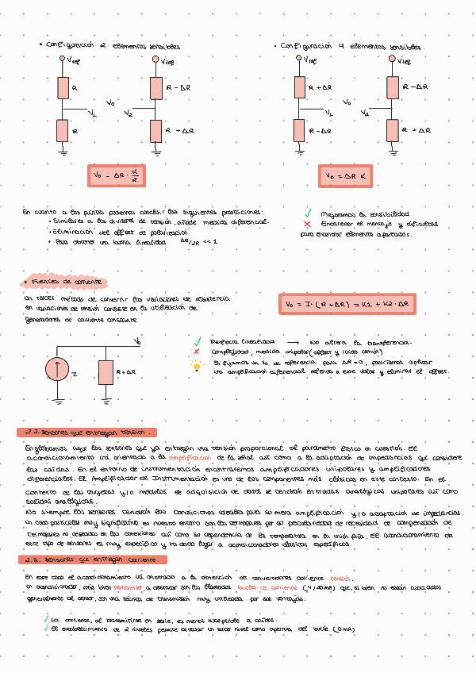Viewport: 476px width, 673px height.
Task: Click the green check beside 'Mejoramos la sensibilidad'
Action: [306, 213]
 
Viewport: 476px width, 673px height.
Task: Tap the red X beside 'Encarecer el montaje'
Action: [306, 224]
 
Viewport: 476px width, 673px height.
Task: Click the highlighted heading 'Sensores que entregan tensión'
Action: [87, 433]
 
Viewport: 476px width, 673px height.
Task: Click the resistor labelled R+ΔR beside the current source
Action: [106, 371]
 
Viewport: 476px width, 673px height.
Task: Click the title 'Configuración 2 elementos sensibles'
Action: [114, 46]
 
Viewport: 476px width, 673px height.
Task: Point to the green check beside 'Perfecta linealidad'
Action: [198, 340]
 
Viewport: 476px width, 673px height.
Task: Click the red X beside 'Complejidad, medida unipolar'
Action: [197, 351]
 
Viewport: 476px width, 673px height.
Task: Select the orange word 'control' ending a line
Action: [340, 578]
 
